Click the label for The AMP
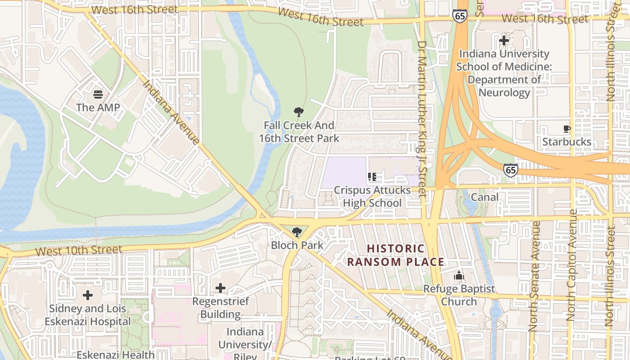tap(98, 108)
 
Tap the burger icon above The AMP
tap(98, 94)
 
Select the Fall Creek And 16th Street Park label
tap(299, 132)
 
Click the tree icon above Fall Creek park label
tap(298, 112)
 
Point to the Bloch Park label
tap(297, 245)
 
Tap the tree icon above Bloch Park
tap(297, 232)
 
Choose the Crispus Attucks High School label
tap(372, 197)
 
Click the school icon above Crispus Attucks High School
tap(372, 177)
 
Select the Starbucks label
tap(567, 142)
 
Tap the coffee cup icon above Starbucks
tap(567, 129)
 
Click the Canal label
tap(485, 197)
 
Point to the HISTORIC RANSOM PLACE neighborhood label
tap(396, 255)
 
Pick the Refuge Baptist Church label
tap(459, 295)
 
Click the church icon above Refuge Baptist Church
tap(459, 275)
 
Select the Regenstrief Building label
tap(220, 308)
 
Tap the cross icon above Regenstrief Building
tap(220, 288)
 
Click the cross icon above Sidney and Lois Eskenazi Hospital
tap(88, 295)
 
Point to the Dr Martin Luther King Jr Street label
tap(422, 119)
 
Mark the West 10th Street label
tap(79, 250)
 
